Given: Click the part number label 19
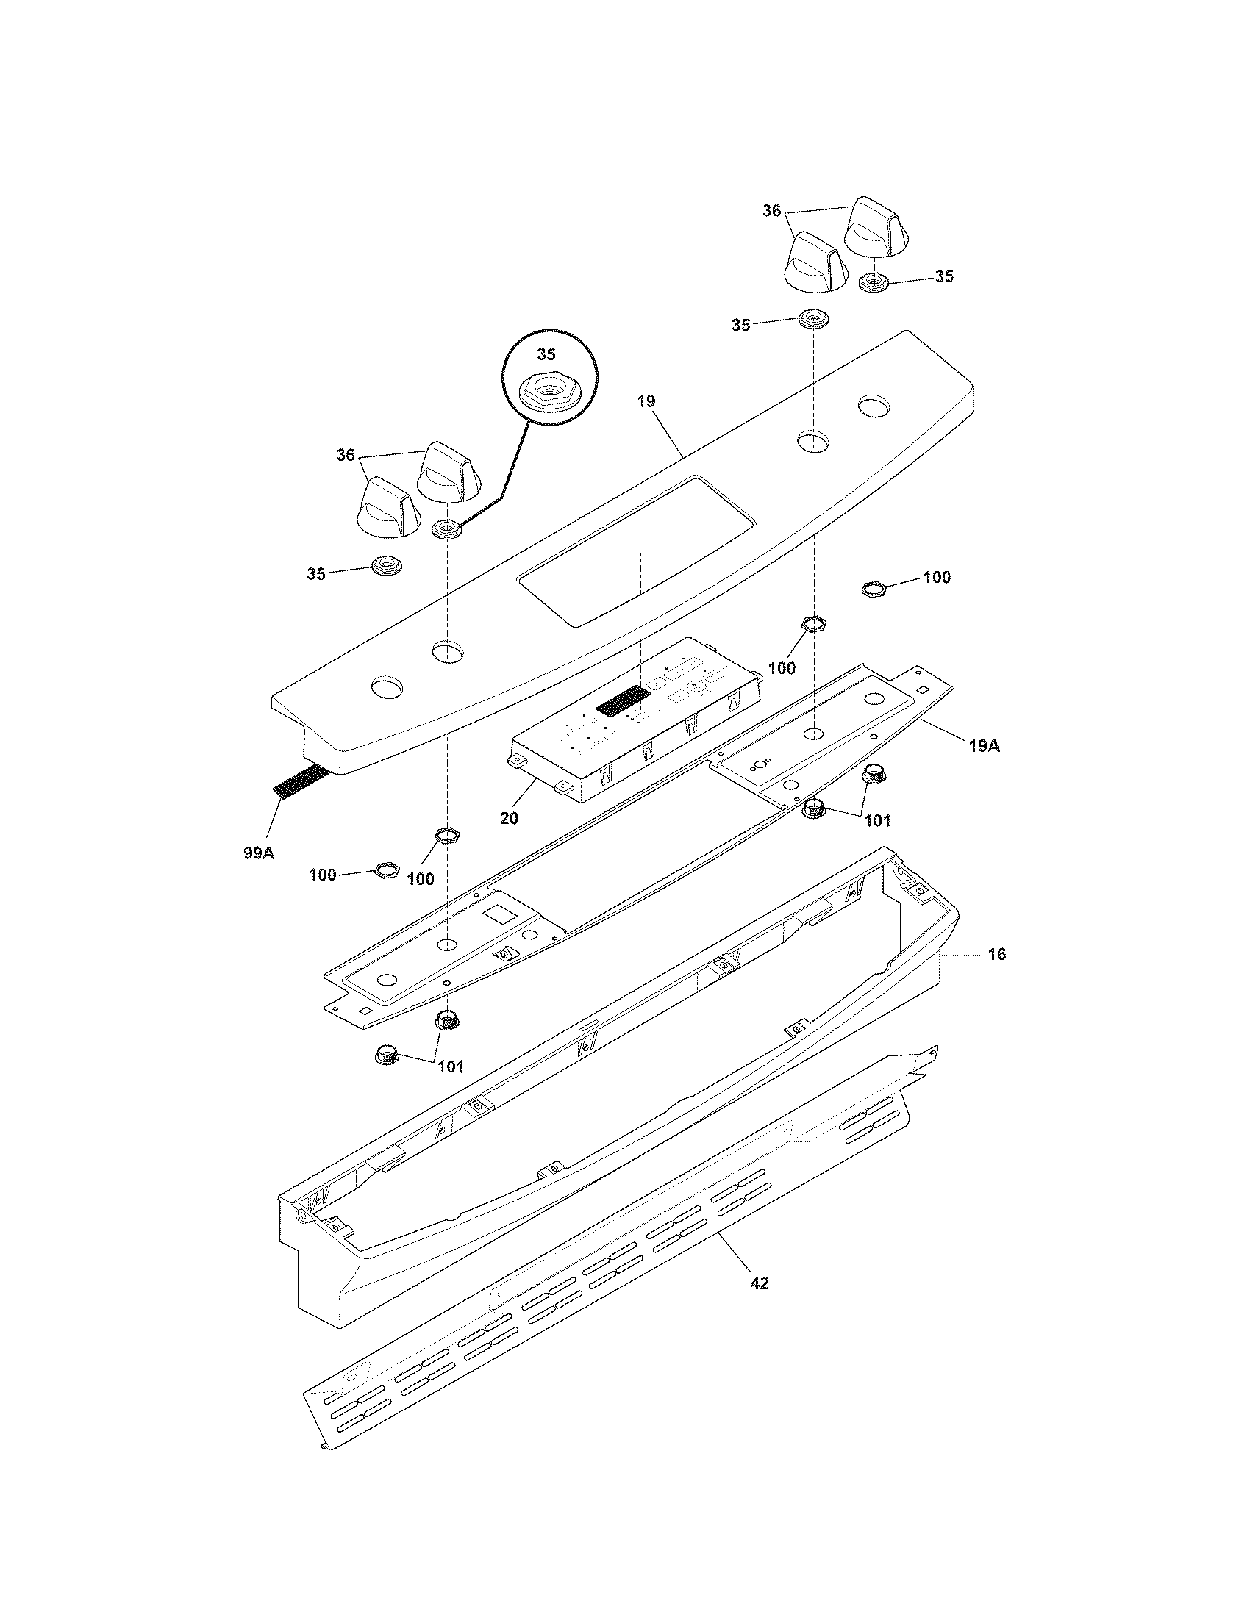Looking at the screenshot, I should pos(646,401).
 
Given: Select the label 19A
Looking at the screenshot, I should pos(983,746).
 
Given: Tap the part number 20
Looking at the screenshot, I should pos(509,818).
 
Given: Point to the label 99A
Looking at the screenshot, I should pos(258,853).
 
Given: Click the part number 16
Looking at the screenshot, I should pos(997,954).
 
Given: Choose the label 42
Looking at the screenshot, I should pos(759,1283).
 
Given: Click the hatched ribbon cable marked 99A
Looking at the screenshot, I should pos(301,782).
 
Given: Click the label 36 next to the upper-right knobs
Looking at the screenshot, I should pos(771,211).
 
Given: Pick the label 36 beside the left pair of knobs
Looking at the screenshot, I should pos(346,456).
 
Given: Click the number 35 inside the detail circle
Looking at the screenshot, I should pos(546,355).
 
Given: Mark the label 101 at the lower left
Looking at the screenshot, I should pos(450,1067).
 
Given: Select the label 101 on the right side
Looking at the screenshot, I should pos(877,820).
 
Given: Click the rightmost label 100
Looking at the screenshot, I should pos(937,577).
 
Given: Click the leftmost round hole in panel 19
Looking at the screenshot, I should pos(387,688).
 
